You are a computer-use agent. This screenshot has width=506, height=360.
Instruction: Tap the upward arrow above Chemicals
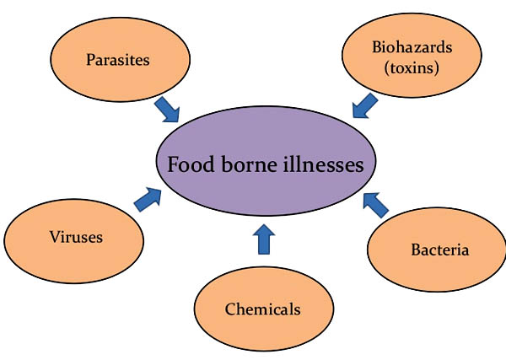(265, 239)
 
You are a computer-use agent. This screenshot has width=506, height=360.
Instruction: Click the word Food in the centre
(191, 164)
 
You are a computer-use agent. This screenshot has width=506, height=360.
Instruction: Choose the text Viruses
(75, 237)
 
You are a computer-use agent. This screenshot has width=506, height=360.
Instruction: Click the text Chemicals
(262, 309)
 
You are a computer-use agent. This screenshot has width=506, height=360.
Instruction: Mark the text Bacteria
(439, 250)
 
